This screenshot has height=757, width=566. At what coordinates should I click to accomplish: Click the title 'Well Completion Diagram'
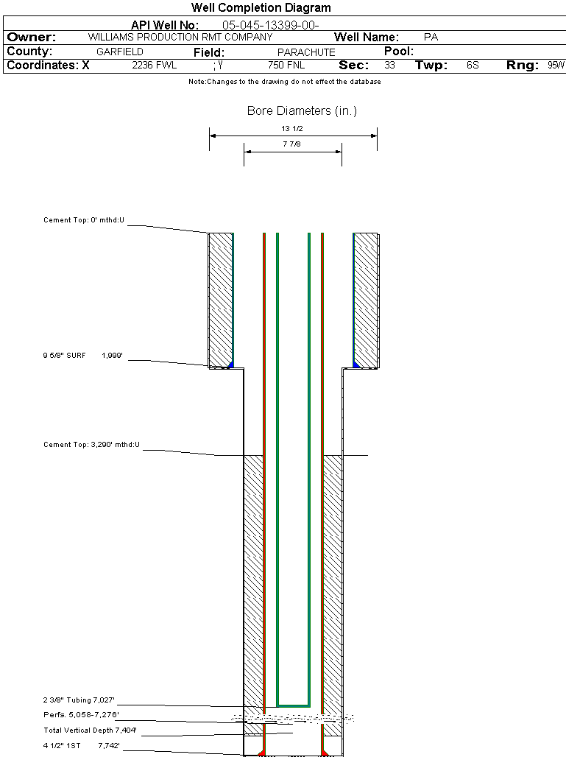point(261,8)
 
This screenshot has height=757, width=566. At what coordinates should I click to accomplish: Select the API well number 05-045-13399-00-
point(270,25)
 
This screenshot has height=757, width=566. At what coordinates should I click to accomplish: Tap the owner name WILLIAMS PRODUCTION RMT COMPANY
point(180,37)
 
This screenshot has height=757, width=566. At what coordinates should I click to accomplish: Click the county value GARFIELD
point(120,52)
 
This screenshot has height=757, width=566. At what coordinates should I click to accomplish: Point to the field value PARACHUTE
point(306,52)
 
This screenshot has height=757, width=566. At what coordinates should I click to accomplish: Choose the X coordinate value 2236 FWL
point(155,66)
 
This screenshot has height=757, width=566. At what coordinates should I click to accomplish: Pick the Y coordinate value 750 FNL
point(286,66)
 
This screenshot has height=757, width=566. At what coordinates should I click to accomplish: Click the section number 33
point(389,66)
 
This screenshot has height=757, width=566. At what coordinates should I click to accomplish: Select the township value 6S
point(473,66)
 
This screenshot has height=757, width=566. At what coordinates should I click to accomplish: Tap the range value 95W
point(556,66)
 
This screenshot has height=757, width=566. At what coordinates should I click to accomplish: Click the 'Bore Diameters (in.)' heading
point(302,111)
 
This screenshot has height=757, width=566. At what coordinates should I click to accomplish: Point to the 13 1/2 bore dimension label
point(293,128)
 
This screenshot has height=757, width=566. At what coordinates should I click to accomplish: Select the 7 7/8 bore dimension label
point(293,144)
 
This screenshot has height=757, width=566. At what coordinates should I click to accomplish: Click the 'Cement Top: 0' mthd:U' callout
point(84,220)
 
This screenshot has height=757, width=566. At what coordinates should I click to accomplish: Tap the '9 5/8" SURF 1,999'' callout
point(82,356)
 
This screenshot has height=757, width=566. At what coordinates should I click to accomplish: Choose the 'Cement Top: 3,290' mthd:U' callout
point(91,445)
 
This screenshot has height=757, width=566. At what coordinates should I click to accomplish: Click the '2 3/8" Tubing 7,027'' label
point(79,700)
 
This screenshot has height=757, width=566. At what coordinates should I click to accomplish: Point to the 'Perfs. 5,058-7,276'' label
point(81,715)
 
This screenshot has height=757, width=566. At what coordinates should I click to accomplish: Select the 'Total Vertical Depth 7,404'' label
point(90,730)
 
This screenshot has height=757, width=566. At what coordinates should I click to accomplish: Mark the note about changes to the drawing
point(285,82)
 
